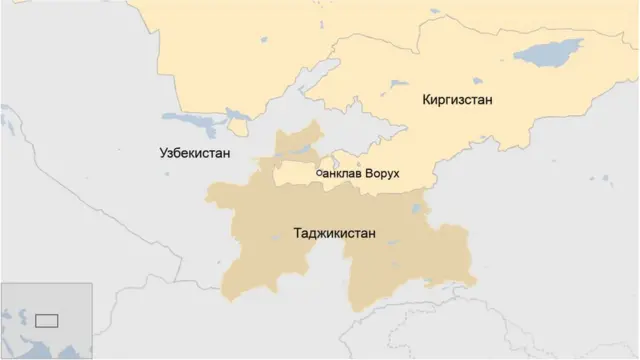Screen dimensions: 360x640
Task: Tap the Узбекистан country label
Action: click(195, 153)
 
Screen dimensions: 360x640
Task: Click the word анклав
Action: click(342, 174)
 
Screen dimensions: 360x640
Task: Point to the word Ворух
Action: click(382, 174)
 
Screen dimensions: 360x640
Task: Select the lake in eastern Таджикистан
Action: click(416, 210)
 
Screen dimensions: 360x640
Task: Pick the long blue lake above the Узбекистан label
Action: click(200, 128)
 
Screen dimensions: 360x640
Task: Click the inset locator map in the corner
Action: click(46, 320)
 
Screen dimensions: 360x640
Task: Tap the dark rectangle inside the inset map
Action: click(46, 320)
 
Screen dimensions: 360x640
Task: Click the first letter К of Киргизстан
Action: click(427, 100)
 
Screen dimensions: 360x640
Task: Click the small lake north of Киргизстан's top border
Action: click(262, 41)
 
